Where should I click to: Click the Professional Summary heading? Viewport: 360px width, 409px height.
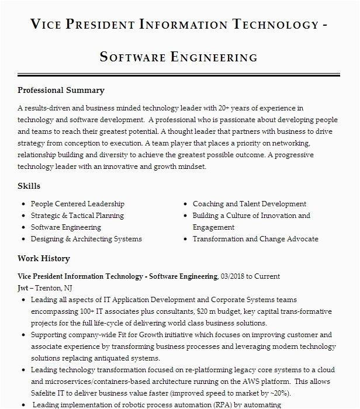(61, 91)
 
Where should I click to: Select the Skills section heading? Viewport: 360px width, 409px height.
(29, 186)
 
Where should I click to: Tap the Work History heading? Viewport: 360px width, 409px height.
(43, 259)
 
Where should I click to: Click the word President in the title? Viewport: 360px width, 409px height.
(99, 25)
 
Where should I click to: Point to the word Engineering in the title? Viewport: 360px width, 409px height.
(214, 57)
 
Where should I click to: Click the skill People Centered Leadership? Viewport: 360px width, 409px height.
(77, 204)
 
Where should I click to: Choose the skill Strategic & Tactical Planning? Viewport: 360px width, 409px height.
(77, 216)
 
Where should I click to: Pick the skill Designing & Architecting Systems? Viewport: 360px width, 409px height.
(86, 239)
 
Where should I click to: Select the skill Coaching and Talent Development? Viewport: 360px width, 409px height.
(250, 204)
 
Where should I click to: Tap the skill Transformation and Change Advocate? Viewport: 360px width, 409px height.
(255, 239)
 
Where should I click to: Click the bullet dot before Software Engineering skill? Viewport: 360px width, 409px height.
(23, 227)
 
